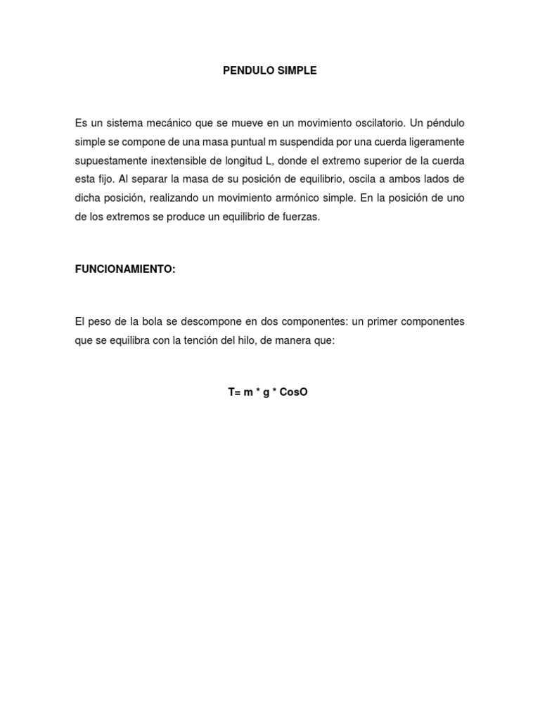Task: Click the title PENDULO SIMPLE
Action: point(269,70)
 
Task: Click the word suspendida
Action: point(307,142)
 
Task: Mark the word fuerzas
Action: point(300,218)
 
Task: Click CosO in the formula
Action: point(293,392)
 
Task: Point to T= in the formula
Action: point(234,392)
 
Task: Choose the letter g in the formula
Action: point(266,392)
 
